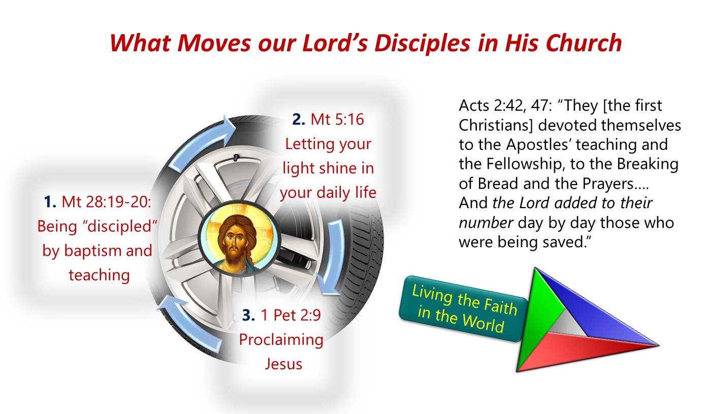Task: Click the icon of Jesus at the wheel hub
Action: coord(239,238)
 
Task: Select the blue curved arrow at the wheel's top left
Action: coord(202,144)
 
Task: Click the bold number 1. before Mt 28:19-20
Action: coord(50,202)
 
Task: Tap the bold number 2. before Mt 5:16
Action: coord(299,120)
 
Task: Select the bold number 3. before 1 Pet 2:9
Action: coord(249,315)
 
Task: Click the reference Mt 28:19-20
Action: coord(106,202)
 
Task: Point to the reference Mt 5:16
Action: coord(337,120)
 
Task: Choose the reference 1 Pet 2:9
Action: coord(291,315)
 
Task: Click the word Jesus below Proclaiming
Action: coord(283,364)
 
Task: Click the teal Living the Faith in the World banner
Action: coord(464,308)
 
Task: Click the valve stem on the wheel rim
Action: coord(236,157)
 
